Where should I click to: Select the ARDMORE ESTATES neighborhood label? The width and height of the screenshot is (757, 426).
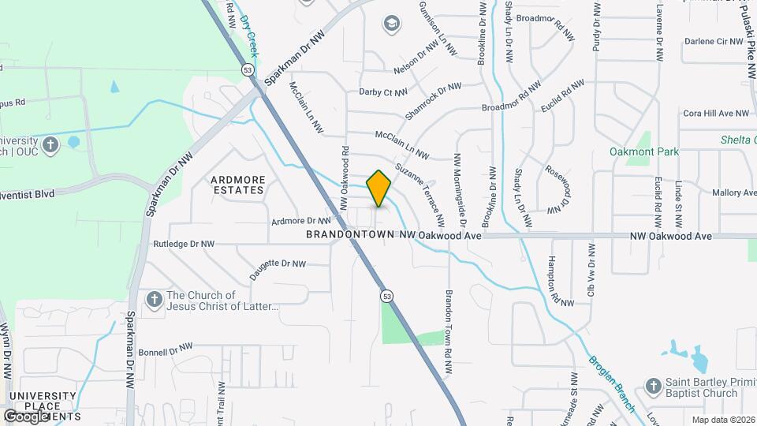tap(237, 185)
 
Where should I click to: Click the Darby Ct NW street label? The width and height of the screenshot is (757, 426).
tap(382, 92)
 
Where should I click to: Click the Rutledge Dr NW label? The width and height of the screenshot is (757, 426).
tap(184, 245)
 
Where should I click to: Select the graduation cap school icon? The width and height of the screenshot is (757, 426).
tap(391, 24)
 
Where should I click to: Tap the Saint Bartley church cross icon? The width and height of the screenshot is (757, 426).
tap(652, 386)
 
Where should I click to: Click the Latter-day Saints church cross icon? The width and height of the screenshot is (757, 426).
tap(154, 300)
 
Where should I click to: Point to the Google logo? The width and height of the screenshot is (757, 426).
tap(25, 416)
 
